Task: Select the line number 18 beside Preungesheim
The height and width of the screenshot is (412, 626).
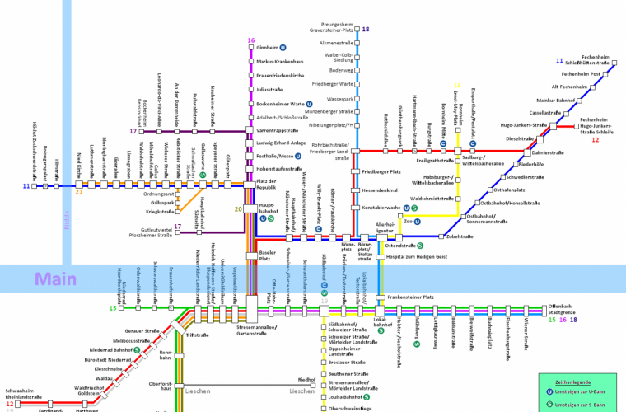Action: (366, 30)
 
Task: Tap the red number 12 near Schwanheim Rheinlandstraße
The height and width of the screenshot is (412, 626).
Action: (10, 405)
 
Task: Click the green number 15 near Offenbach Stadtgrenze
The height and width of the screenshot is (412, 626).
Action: (552, 320)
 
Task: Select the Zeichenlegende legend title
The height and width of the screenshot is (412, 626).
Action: (578, 382)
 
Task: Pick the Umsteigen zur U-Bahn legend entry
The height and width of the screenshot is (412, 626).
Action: (586, 393)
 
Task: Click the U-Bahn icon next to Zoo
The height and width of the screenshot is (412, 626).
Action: (417, 221)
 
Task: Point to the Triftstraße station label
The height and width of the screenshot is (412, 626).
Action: (198, 336)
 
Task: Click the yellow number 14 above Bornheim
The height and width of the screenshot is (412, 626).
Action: (458, 85)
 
